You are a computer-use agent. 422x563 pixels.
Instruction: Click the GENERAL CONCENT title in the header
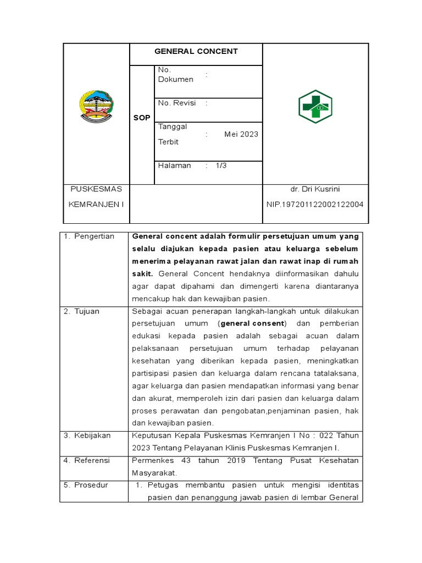(x=196, y=51)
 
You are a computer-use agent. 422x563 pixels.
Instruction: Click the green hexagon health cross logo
(x=315, y=107)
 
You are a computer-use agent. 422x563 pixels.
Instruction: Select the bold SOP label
(x=141, y=118)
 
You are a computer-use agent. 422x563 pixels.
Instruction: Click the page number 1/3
(x=221, y=165)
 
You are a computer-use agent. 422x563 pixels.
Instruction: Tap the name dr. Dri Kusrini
(x=315, y=189)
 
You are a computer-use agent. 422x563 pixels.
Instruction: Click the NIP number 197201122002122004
(x=315, y=204)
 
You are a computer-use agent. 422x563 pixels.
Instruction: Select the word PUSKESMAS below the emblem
(x=96, y=189)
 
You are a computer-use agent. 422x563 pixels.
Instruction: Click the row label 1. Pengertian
(x=89, y=236)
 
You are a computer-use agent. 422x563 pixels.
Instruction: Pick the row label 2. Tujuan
(x=81, y=311)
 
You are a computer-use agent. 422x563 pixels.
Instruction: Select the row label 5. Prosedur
(x=86, y=485)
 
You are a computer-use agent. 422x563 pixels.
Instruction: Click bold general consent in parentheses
(x=253, y=323)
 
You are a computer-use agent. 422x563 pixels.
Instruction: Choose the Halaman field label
(x=174, y=165)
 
